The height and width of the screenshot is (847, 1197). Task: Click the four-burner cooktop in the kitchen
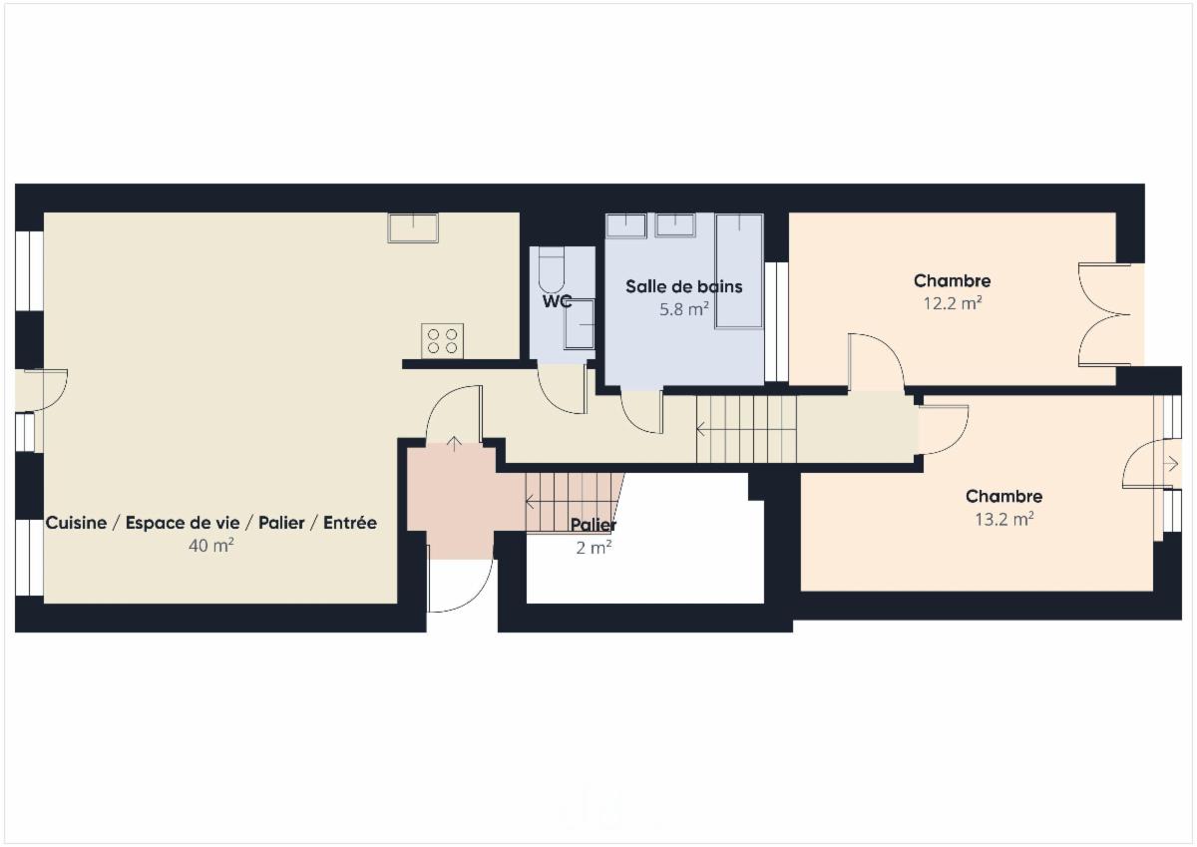pyautogui.click(x=442, y=341)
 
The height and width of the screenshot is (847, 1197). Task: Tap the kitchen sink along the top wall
pyautogui.click(x=413, y=228)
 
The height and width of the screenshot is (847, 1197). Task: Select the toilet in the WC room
pyautogui.click(x=551, y=270)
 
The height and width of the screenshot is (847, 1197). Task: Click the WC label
pyautogui.click(x=557, y=301)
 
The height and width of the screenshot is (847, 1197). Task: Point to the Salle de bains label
pyautogui.click(x=684, y=286)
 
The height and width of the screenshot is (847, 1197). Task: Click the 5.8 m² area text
pyautogui.click(x=684, y=309)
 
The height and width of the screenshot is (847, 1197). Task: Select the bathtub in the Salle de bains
pyautogui.click(x=739, y=271)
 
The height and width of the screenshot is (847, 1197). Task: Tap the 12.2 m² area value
pyautogui.click(x=953, y=303)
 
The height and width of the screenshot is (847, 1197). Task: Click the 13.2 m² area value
pyautogui.click(x=1004, y=519)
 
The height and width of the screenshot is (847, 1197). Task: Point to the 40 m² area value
pyautogui.click(x=211, y=545)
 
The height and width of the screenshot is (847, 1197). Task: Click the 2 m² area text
pyautogui.click(x=594, y=548)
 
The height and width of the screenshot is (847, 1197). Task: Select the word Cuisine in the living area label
pyautogui.click(x=76, y=523)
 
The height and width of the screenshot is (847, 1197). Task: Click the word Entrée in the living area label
pyautogui.click(x=350, y=523)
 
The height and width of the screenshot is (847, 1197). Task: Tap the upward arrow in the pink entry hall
pyautogui.click(x=454, y=444)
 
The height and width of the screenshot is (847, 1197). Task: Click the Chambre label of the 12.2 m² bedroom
pyautogui.click(x=953, y=280)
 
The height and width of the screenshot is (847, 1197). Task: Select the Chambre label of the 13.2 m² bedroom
pyautogui.click(x=1004, y=497)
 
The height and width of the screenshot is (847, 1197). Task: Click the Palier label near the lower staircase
pyautogui.click(x=594, y=525)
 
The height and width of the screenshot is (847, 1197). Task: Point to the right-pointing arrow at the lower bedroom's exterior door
pyautogui.click(x=1172, y=464)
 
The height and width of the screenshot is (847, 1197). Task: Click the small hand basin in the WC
pyautogui.click(x=580, y=324)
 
